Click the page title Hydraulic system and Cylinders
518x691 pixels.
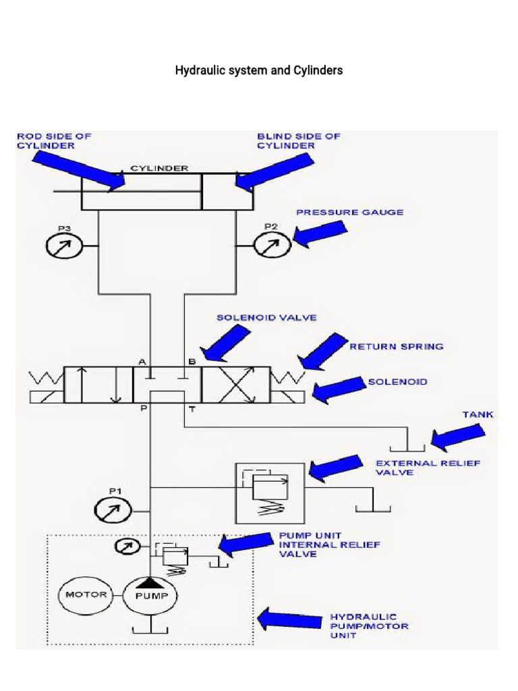(x=259, y=70)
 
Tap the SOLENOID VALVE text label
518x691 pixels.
(x=266, y=317)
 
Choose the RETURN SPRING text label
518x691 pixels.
(x=397, y=346)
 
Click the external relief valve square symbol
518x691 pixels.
(x=269, y=493)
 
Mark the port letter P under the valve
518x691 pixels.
(x=144, y=409)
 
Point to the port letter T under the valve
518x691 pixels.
(x=192, y=409)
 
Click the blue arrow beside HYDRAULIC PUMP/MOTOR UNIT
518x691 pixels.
(x=291, y=619)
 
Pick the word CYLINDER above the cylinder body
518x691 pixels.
(x=159, y=167)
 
